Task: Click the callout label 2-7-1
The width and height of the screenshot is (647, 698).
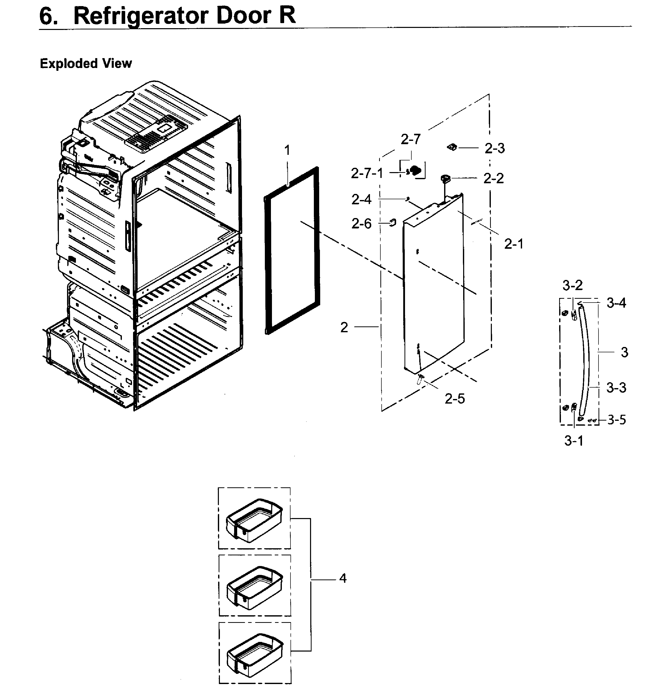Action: (x=367, y=173)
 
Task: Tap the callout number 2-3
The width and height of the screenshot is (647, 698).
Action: (x=494, y=148)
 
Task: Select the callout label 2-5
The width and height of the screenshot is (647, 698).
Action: (x=455, y=398)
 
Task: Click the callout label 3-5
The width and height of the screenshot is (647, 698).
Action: (x=617, y=420)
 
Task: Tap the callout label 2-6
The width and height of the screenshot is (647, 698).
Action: (x=361, y=224)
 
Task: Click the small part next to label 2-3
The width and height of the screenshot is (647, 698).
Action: (x=452, y=147)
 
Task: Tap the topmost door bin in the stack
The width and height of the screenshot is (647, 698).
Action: (x=254, y=520)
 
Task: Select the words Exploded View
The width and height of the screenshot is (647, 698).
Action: (x=86, y=64)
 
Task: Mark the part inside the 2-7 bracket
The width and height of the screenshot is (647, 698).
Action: (x=415, y=171)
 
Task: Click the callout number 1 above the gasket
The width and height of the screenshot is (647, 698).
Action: (x=287, y=151)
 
